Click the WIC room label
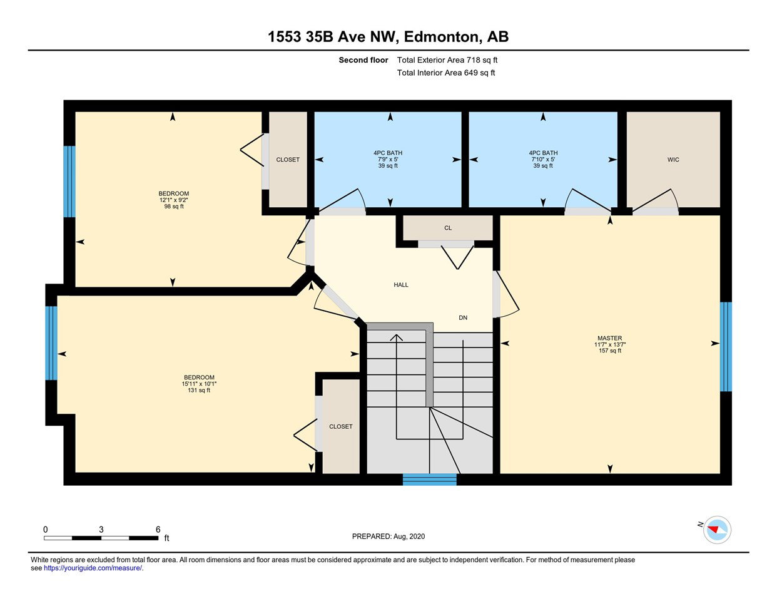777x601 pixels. (x=673, y=160)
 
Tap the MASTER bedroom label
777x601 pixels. (x=610, y=338)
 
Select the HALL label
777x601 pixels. (x=401, y=285)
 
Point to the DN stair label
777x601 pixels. (x=463, y=317)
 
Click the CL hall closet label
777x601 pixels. (x=448, y=228)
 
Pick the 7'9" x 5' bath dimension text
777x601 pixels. (x=388, y=160)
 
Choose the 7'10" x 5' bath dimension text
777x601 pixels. (x=543, y=160)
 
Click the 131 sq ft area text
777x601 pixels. (x=199, y=390)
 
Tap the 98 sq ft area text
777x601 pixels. (x=174, y=207)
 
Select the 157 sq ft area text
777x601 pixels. (x=610, y=351)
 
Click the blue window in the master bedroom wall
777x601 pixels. (x=726, y=347)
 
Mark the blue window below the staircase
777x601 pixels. (x=429, y=480)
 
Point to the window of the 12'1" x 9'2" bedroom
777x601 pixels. (x=69, y=182)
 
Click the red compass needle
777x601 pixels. (x=713, y=529)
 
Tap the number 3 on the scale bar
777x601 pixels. (x=101, y=530)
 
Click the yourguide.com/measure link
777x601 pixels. (x=93, y=568)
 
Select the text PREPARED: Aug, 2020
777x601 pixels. (x=388, y=537)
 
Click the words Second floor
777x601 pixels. (x=363, y=60)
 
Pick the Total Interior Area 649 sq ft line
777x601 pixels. (x=446, y=73)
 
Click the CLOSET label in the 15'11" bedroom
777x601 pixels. (x=341, y=426)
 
